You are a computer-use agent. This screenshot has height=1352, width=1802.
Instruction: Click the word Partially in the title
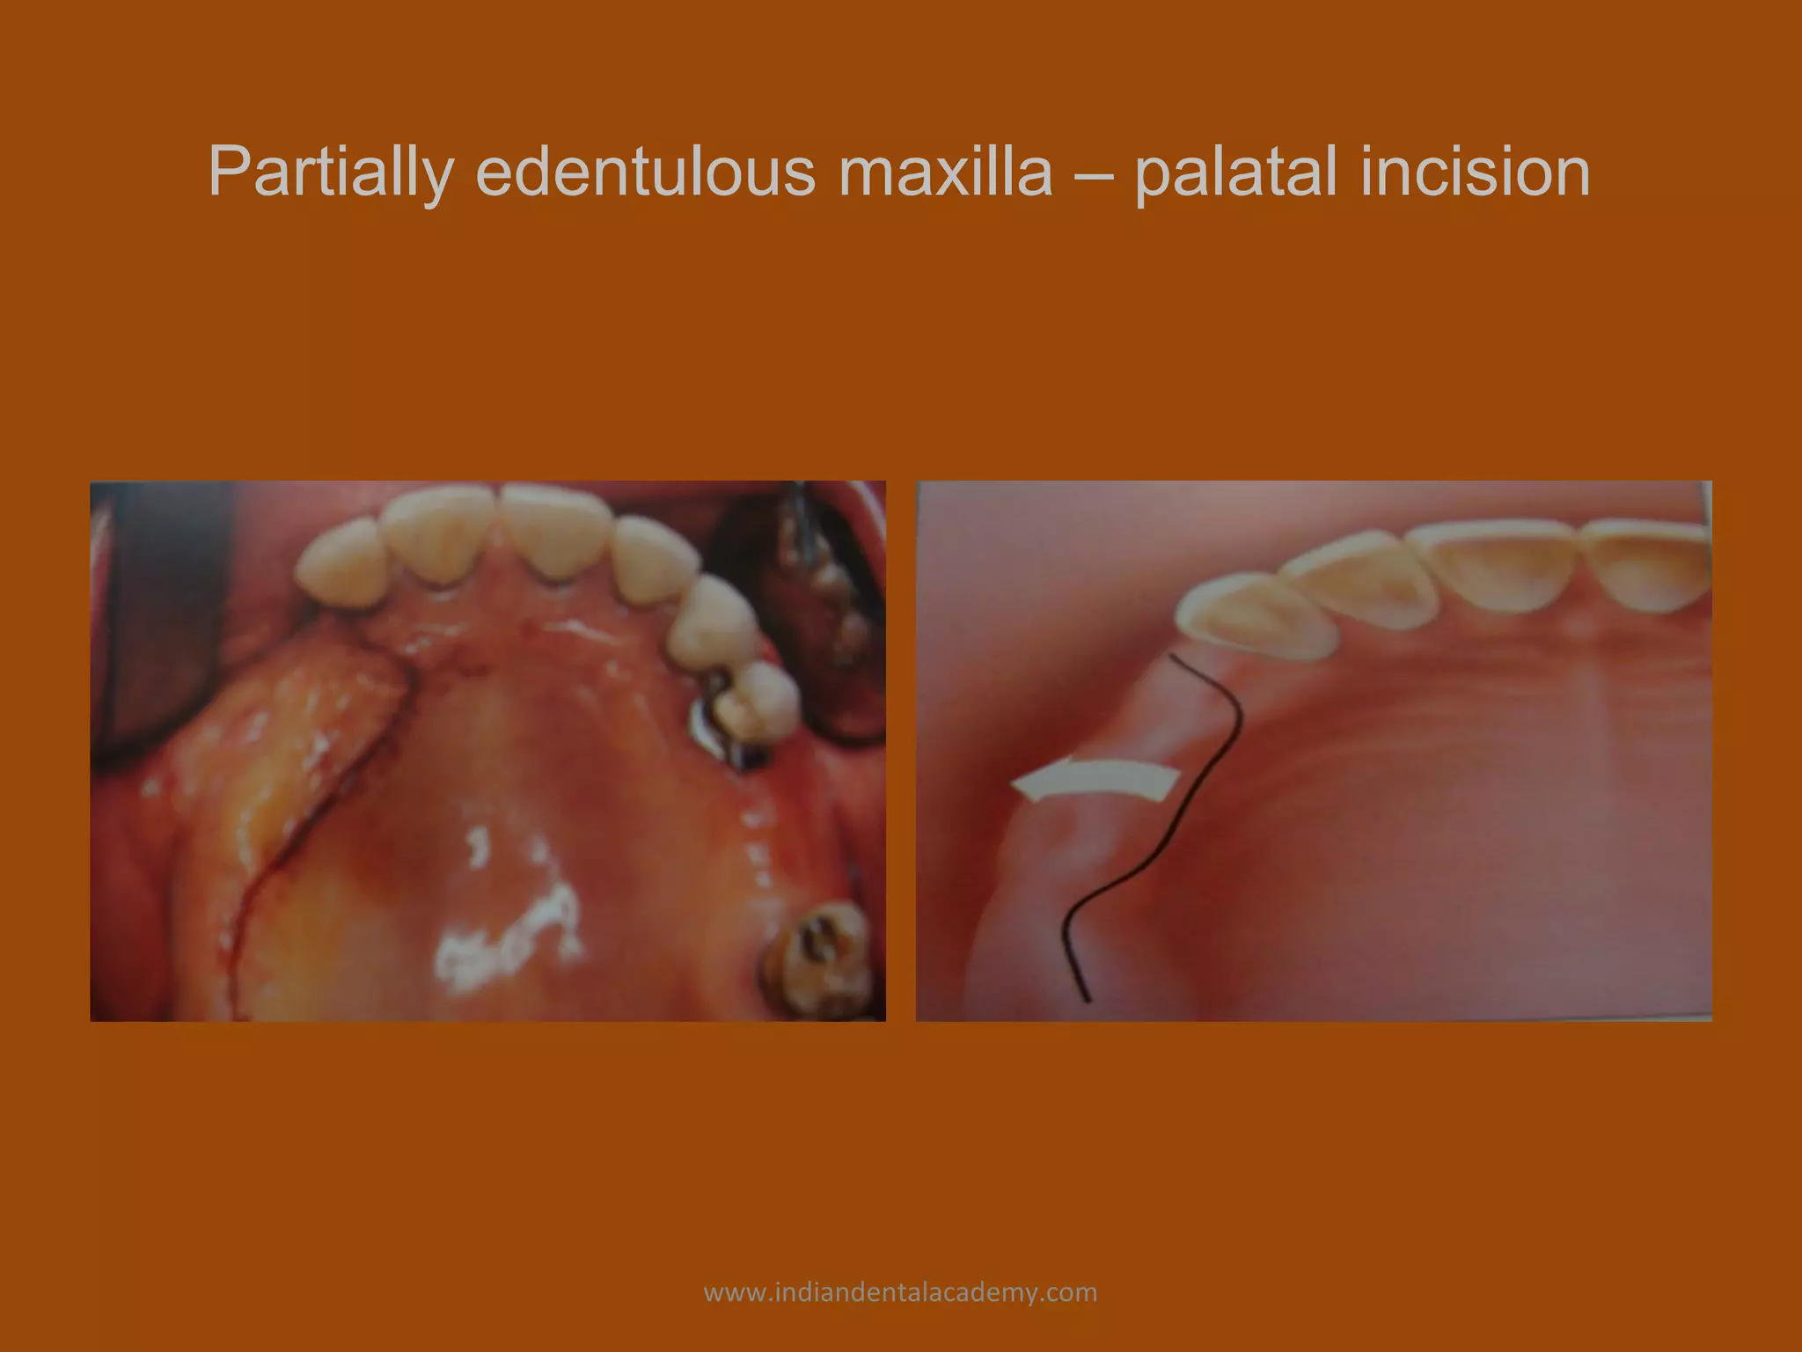coord(331,172)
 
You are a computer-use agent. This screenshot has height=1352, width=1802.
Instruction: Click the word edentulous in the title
coord(645,172)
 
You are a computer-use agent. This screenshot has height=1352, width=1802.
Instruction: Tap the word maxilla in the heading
coord(946,172)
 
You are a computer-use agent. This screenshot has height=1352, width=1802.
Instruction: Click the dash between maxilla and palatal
coord(1094,172)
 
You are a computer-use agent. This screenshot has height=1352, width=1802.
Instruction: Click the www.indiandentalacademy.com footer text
coord(900,1292)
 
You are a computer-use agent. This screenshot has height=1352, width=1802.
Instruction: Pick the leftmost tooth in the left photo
coord(339,563)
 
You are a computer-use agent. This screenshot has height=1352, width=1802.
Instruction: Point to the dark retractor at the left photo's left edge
coord(158,616)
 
